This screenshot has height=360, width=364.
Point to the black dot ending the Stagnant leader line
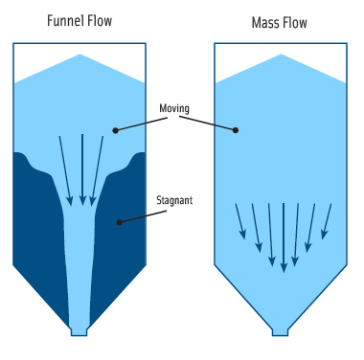(120, 223)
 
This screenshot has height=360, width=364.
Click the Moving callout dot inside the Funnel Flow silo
(115, 129)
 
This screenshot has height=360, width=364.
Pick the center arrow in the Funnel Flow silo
(82, 169)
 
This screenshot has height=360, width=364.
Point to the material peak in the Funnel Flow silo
(81, 59)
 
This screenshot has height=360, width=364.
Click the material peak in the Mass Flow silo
(279, 59)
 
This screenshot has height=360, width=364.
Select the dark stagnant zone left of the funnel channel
(38, 230)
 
